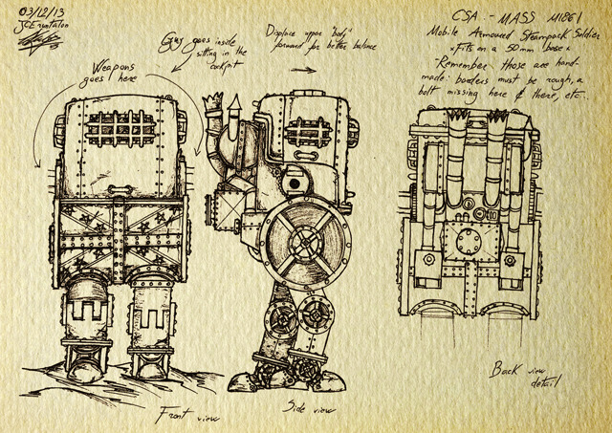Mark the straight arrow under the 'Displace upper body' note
303,69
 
